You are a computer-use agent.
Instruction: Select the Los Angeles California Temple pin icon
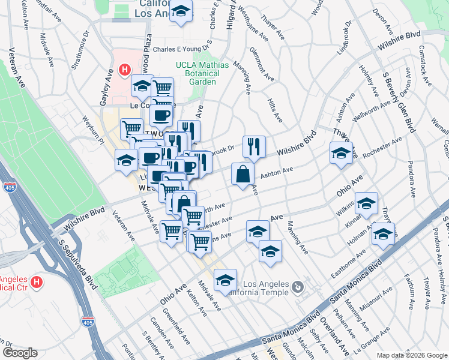[297, 289]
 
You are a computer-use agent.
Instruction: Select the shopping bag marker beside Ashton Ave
[243, 175]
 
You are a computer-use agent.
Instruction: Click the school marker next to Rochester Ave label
[341, 152]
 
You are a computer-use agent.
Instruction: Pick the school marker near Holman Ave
[382, 233]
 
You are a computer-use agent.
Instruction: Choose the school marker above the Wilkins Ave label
[366, 204]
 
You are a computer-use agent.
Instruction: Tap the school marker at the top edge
[180, 10]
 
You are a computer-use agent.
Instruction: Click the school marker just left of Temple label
[225, 280]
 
